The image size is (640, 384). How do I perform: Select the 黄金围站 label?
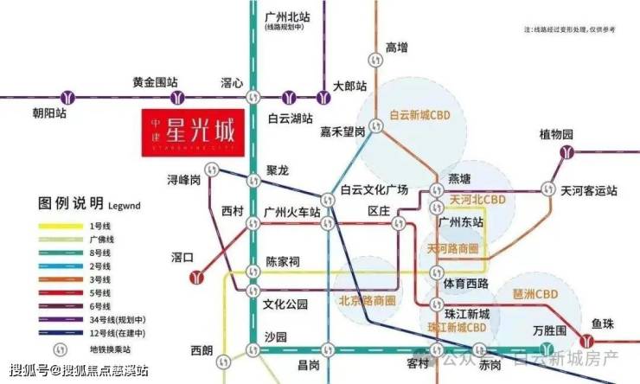click(155, 82)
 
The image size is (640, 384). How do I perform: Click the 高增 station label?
click(396, 47)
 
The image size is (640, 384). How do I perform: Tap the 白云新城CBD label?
click(420, 114)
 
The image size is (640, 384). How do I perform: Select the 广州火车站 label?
click(293, 211)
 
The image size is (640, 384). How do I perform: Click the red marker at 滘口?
click(198, 277)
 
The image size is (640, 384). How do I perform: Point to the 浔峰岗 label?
click(184, 179)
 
